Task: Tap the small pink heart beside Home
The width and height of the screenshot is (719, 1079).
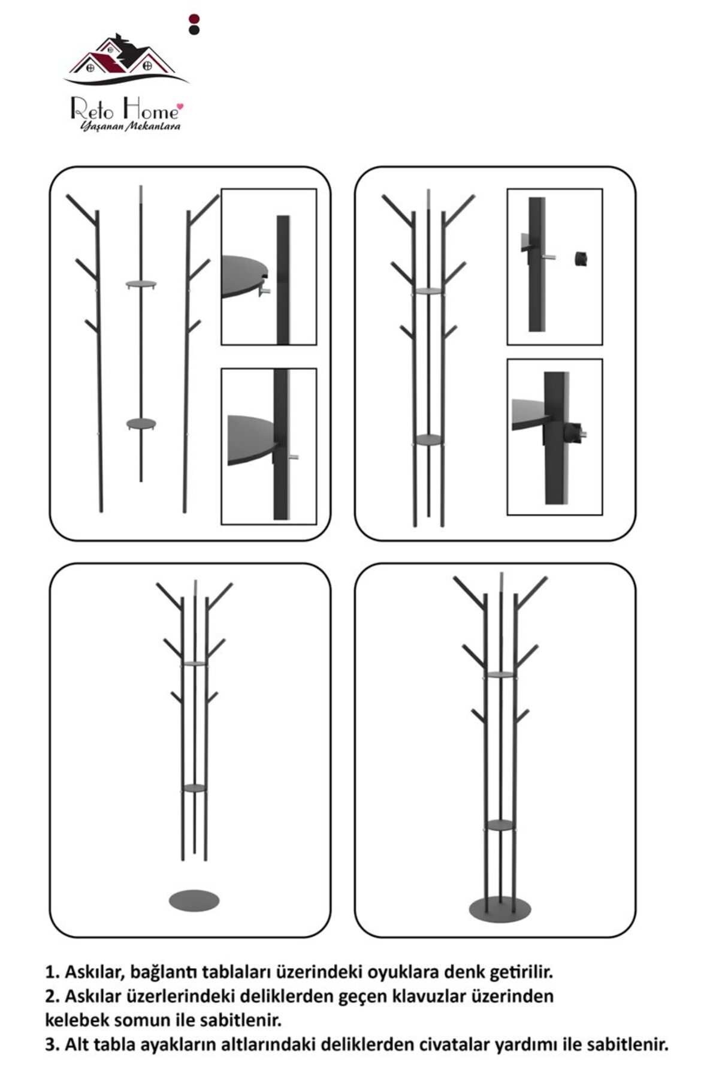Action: click(181, 107)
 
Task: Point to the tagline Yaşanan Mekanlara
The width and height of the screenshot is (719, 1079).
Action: click(130, 126)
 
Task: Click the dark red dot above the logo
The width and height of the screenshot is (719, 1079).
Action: click(194, 19)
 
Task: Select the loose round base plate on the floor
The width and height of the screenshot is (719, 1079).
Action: click(194, 900)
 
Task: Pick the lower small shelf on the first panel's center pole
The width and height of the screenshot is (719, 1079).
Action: click(141, 424)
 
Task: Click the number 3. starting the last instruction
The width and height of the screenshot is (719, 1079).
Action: click(52, 1045)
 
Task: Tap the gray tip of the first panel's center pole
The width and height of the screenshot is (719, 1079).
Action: click(141, 194)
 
